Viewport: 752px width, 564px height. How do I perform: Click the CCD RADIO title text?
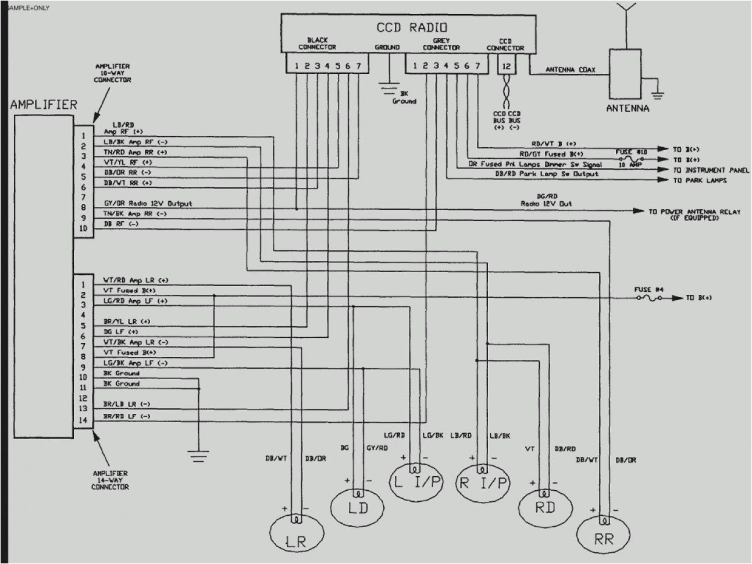click(412, 27)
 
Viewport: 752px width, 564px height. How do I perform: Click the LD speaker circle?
click(358, 506)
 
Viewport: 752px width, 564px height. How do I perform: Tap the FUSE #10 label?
click(630, 151)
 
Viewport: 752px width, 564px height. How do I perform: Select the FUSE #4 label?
click(648, 289)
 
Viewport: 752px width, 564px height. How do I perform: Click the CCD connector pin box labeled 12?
click(506, 66)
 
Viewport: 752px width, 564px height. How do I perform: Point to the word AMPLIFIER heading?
click(43, 105)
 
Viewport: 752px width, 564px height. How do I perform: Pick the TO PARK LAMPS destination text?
click(700, 181)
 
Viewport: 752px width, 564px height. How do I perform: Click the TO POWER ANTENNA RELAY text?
click(694, 215)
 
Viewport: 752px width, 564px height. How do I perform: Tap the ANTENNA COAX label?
click(569, 70)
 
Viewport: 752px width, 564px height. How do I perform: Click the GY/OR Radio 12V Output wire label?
click(147, 204)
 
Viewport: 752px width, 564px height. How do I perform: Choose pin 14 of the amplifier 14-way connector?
click(84, 419)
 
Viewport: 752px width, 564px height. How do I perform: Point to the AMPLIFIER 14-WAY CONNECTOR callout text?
click(110, 480)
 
